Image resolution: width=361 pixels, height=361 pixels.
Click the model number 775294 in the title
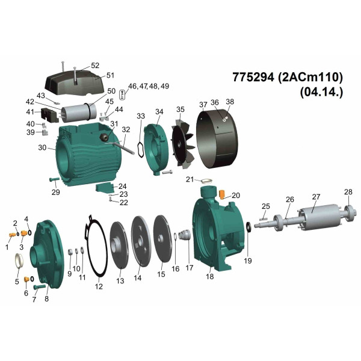(x=253, y=77)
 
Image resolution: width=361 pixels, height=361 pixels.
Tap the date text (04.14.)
(x=321, y=92)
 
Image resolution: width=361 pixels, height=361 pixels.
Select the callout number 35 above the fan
(x=180, y=110)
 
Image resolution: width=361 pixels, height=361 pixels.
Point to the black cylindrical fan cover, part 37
(x=217, y=139)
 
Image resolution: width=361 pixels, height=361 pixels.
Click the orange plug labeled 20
(x=221, y=194)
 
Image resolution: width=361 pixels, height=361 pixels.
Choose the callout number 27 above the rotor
(x=316, y=197)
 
